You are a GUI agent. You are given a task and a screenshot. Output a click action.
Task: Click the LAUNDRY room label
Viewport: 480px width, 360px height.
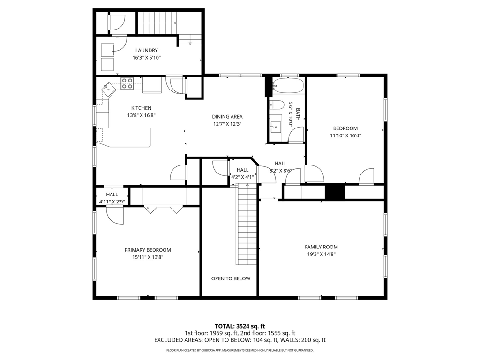pyautogui.click(x=146, y=51)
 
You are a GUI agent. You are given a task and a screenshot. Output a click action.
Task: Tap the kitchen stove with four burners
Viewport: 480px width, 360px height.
pyautogui.click(x=127, y=83)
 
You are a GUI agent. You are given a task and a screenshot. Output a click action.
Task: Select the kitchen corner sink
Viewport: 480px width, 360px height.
pyautogui.click(x=108, y=90)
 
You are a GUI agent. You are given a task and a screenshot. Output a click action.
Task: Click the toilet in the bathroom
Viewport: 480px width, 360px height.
pyautogui.click(x=277, y=105)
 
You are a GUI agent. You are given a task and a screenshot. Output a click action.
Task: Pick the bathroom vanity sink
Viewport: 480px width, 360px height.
pyautogui.click(x=276, y=126)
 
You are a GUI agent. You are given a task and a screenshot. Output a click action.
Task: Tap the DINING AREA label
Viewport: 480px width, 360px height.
pyautogui.click(x=227, y=117)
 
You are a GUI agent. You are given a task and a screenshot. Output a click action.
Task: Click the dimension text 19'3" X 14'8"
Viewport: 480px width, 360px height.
pyautogui.click(x=322, y=254)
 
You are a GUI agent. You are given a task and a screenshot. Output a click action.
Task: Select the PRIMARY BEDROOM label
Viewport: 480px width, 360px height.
pyautogui.click(x=148, y=250)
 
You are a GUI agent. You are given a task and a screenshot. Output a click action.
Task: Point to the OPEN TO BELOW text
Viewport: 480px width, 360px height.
pyautogui.click(x=231, y=278)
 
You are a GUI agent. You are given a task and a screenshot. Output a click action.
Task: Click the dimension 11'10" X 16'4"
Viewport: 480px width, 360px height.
pyautogui.click(x=345, y=135)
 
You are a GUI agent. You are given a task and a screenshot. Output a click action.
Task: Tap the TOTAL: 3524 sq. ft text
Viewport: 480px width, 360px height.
pyautogui.click(x=240, y=326)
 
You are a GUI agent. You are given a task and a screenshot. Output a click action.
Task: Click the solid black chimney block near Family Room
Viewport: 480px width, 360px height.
pyautogui.click(x=335, y=192)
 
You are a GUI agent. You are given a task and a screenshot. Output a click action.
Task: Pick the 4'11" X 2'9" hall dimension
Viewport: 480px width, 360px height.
pyautogui.click(x=112, y=202)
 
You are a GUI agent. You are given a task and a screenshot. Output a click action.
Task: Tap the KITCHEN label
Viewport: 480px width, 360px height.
pyautogui.click(x=141, y=108)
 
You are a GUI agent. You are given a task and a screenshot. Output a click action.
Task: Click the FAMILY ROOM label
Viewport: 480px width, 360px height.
pyautogui.click(x=322, y=247)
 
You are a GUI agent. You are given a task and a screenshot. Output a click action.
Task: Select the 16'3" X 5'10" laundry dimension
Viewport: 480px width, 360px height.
pyautogui.click(x=147, y=58)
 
